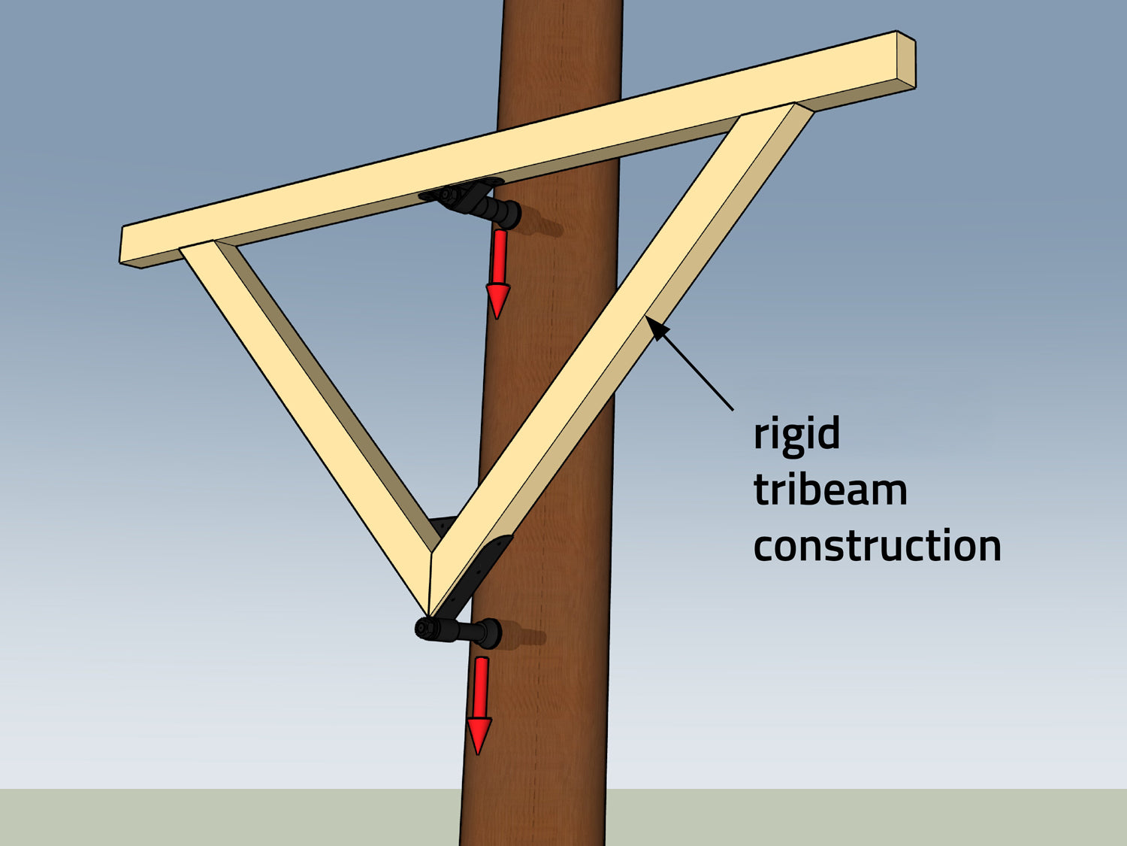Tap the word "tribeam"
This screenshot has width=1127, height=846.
[830, 490]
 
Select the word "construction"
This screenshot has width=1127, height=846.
[877, 546]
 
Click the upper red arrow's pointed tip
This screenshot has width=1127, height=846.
[497, 317]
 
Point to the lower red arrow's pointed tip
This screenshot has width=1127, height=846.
[479, 751]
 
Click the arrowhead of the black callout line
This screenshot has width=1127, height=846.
[652, 325]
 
